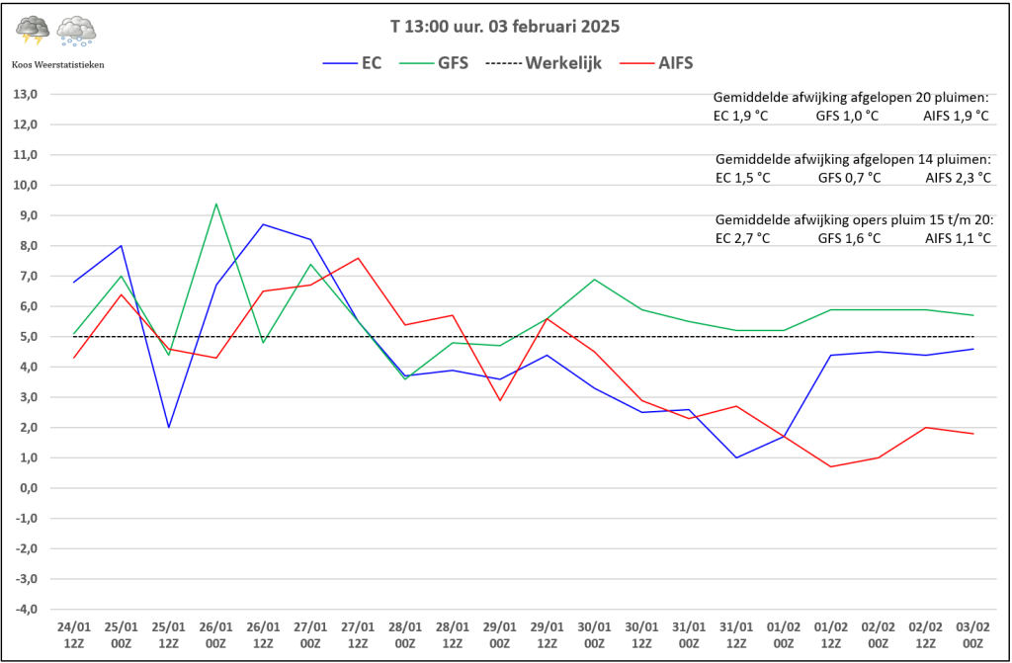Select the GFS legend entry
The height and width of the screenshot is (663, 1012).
tap(434, 63)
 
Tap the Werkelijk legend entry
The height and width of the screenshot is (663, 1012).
tap(544, 63)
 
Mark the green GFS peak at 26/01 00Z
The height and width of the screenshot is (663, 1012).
tap(215, 205)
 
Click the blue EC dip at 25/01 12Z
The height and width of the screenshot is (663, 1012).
tap(169, 427)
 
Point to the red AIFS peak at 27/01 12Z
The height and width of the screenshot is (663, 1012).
tap(358, 258)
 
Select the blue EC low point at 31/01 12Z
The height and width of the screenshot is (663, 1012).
tap(736, 457)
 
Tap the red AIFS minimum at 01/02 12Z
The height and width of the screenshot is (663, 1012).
tap(831, 466)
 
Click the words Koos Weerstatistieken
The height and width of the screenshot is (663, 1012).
tap(58, 64)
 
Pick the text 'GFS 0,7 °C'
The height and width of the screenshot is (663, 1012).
tap(849, 178)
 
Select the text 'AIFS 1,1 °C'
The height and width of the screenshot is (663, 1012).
tap(957, 239)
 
